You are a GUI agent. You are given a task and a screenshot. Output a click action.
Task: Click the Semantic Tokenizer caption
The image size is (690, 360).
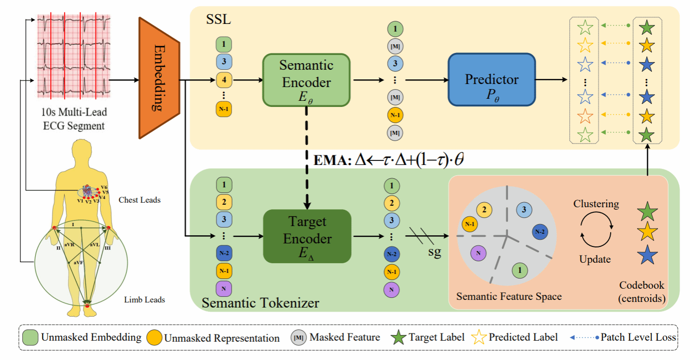261,303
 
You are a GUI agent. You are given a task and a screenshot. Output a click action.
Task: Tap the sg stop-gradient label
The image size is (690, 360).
435,252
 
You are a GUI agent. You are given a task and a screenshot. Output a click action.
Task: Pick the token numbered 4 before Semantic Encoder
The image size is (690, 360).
224,79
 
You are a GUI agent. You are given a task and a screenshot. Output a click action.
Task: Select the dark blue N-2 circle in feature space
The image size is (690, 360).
540,232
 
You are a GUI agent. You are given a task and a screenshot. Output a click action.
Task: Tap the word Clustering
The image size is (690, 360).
596,204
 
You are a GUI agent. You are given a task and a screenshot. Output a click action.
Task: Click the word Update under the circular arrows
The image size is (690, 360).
595,259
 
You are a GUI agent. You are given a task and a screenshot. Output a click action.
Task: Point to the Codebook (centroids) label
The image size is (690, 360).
642,292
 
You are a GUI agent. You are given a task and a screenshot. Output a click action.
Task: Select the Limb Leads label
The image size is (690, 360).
145,299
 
